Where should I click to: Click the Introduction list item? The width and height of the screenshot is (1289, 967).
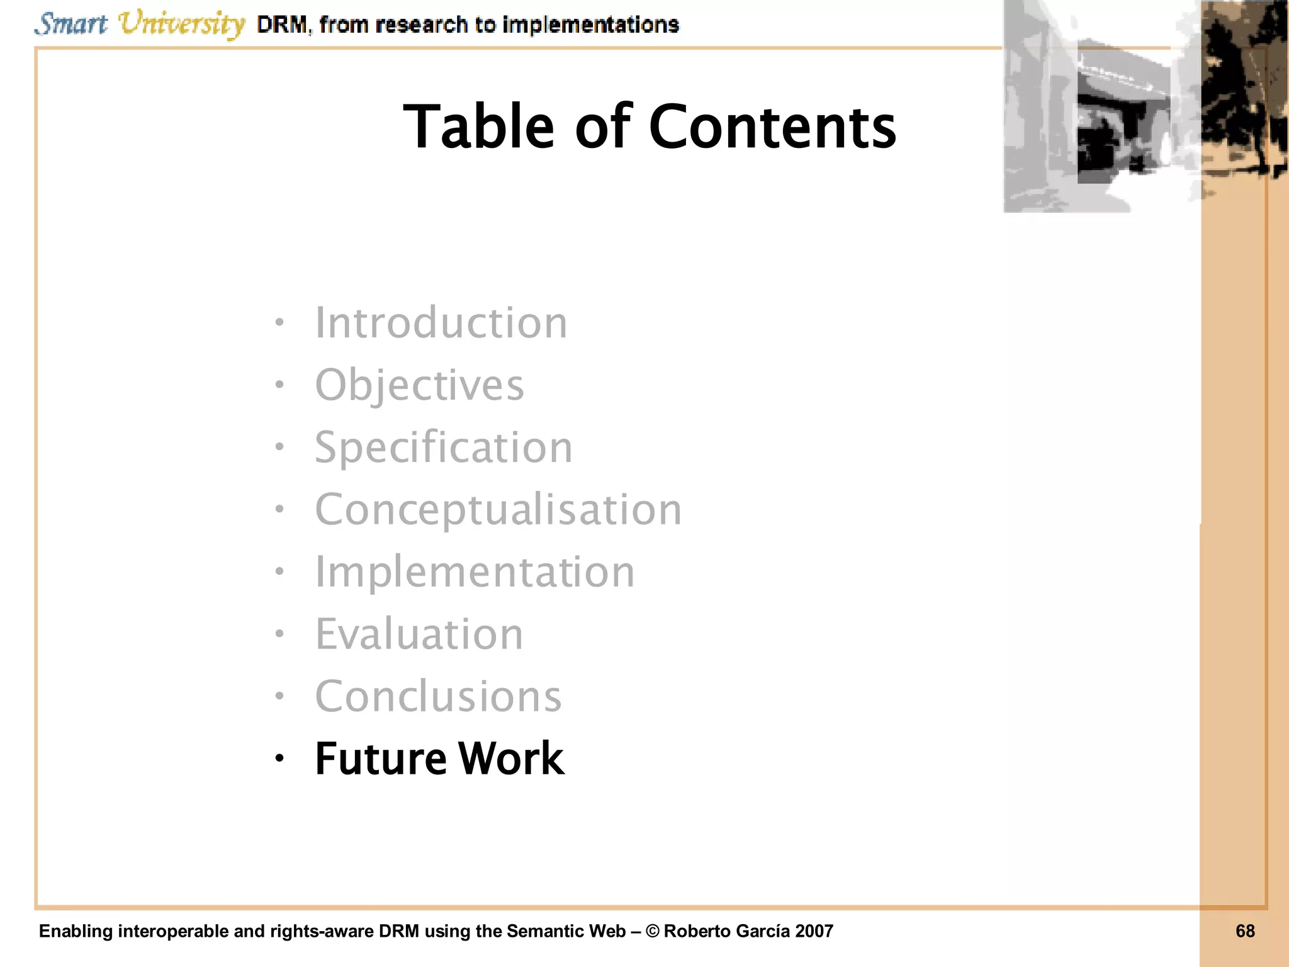click(x=441, y=323)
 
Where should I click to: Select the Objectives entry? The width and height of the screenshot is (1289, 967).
click(x=419, y=385)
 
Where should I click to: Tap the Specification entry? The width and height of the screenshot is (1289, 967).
click(x=444, y=448)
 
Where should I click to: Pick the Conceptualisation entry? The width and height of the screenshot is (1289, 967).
click(x=498, y=509)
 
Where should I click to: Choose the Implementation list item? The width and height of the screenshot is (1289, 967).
click(x=475, y=572)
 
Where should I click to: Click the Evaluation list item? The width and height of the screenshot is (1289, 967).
click(x=419, y=634)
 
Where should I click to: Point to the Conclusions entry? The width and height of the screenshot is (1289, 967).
click(x=438, y=696)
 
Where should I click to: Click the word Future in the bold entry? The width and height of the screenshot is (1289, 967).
click(x=380, y=759)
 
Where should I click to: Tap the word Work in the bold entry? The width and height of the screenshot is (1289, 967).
click(x=511, y=759)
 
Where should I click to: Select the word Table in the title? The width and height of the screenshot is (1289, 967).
click(x=478, y=127)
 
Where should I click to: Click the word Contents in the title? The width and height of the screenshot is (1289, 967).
click(x=772, y=127)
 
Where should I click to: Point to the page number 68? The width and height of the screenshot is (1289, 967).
click(x=1245, y=931)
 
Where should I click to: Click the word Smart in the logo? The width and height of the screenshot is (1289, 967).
click(x=71, y=25)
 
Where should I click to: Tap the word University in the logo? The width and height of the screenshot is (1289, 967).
click(x=181, y=25)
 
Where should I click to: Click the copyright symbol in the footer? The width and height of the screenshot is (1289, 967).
click(x=652, y=931)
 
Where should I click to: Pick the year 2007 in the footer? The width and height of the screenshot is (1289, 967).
click(x=814, y=931)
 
